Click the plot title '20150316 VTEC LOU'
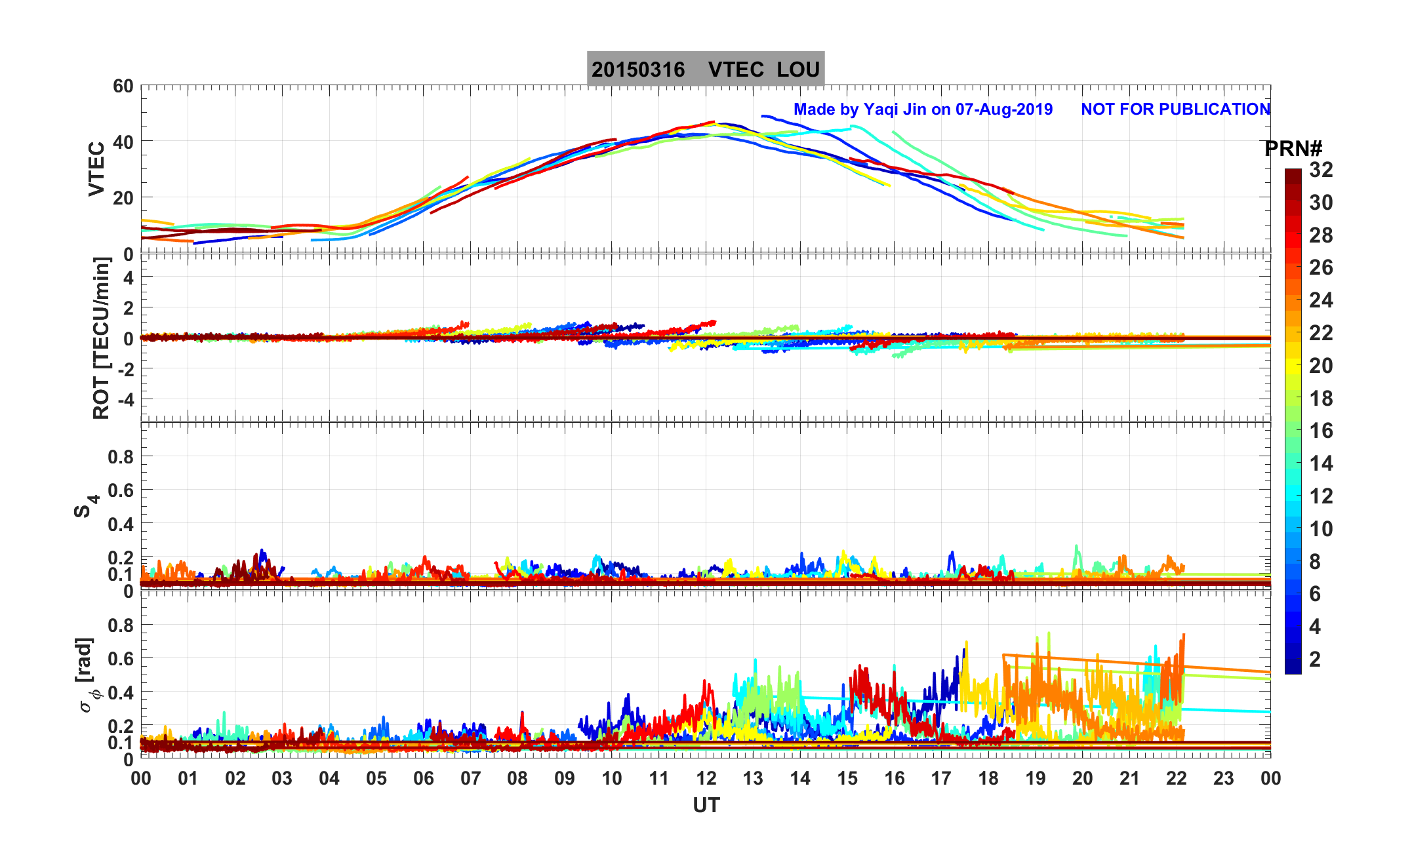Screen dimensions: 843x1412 705,69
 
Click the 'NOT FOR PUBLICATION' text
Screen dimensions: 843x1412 1175,109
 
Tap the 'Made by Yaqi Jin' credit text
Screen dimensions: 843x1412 923,109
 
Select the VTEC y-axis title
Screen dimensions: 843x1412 96,169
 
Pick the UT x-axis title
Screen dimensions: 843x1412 706,806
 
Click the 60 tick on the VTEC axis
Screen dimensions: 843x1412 123,87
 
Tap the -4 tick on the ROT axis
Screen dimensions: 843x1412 124,399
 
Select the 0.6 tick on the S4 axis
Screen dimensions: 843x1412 120,490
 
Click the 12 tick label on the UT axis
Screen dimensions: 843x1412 706,779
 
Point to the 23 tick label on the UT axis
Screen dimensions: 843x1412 1224,779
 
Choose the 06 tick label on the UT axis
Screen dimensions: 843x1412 423,779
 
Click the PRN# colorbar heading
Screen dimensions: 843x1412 1293,149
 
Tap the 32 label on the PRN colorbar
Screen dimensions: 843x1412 1321,170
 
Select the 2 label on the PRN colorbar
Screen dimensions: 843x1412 1314,659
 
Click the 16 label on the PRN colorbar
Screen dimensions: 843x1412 1321,431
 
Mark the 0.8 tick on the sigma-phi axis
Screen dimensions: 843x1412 120,625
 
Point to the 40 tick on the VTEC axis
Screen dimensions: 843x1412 123,142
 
